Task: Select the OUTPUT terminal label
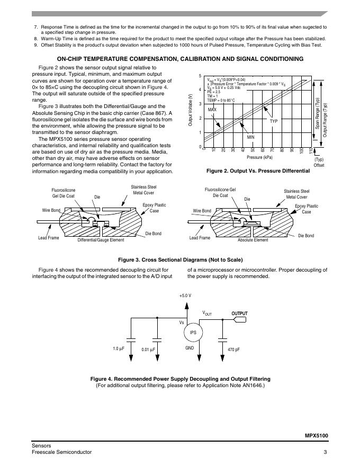(239, 313)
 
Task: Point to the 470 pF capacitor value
(233, 349)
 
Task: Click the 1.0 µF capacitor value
(119, 348)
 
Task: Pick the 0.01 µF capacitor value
(148, 349)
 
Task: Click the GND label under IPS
(189, 348)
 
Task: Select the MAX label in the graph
(212, 109)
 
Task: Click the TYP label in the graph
(274, 121)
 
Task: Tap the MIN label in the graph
(251, 137)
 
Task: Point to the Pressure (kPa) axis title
(259, 157)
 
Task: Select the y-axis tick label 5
(200, 76)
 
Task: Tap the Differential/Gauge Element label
(101, 240)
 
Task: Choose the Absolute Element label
(253, 240)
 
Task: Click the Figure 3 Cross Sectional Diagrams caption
(180, 259)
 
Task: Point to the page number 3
(326, 452)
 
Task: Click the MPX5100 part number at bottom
(317, 435)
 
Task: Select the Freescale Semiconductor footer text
(61, 452)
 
